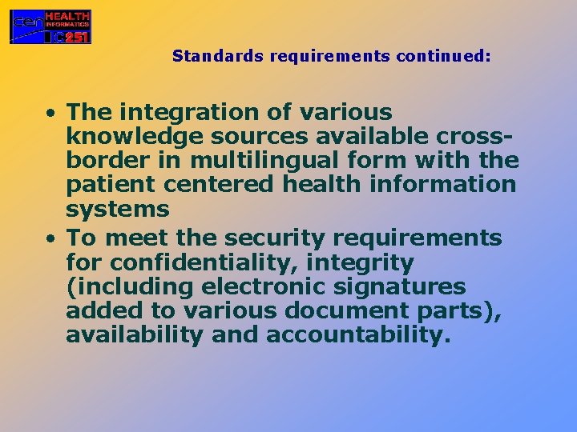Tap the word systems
118,210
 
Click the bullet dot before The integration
51,113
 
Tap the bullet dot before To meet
51,238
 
